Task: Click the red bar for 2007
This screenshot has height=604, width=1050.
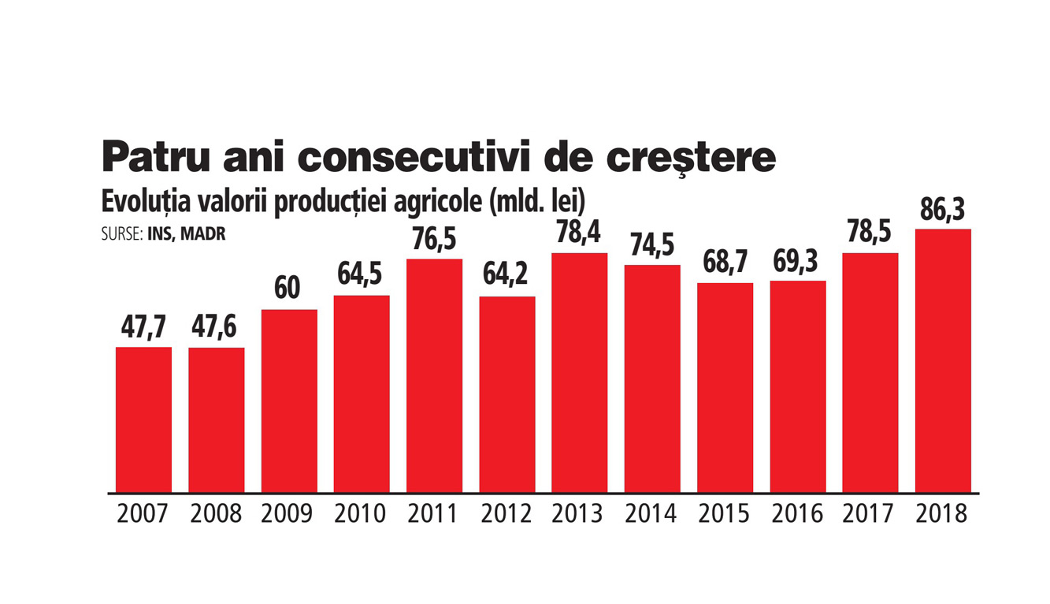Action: pos(143,419)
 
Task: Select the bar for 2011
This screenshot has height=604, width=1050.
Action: pos(434,375)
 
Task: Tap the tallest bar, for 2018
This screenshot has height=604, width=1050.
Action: pos(943,360)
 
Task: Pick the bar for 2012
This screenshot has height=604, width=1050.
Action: pos(507,394)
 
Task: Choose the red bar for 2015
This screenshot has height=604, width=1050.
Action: pos(725,387)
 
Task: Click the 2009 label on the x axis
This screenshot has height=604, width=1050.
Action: pos(288,514)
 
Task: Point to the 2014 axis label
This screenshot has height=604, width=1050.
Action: pos(651,514)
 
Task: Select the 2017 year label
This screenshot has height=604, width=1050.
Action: pos(870,514)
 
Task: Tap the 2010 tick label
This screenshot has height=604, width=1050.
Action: pos(361,514)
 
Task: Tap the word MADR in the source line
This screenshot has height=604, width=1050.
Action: pos(207,235)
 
